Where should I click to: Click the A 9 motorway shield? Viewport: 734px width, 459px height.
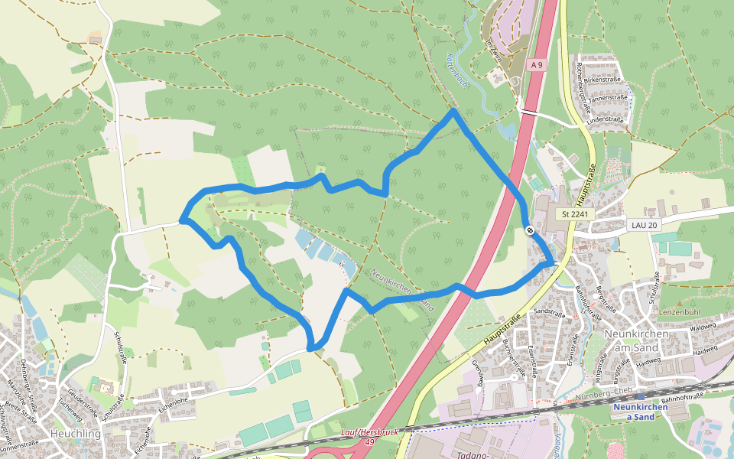click(x=538, y=66)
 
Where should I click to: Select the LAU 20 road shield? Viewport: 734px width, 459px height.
click(x=644, y=226)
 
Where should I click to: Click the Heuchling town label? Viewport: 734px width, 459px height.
click(x=75, y=433)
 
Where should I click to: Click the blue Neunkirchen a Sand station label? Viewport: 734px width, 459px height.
click(x=641, y=412)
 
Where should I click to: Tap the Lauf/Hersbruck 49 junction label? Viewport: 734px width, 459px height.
click(x=369, y=438)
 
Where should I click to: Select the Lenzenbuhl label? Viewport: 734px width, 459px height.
click(x=678, y=313)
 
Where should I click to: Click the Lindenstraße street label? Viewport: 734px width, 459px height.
click(x=605, y=120)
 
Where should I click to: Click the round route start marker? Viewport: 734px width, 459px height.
click(x=530, y=230)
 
